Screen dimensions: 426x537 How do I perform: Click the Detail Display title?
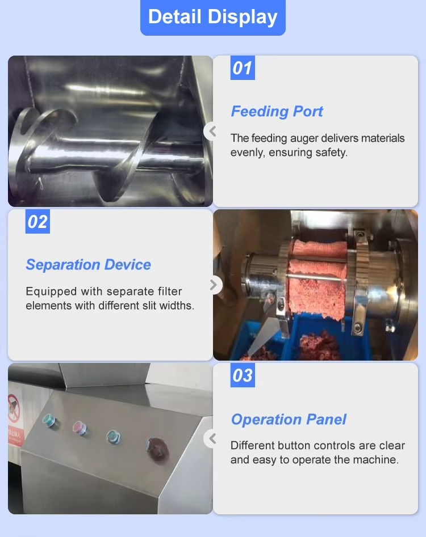(212, 17)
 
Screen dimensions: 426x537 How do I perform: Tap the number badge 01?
(243, 68)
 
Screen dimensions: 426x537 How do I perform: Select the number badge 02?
(37, 222)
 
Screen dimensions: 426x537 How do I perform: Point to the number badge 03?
(243, 375)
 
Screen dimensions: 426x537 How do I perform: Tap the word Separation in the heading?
(62, 265)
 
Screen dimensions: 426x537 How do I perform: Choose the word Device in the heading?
(128, 265)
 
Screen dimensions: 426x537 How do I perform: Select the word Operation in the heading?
(266, 420)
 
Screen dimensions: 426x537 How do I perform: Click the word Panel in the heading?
(327, 419)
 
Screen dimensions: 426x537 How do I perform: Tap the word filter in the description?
(170, 291)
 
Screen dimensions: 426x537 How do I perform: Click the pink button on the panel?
(80, 429)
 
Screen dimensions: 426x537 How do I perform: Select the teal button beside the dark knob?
(114, 437)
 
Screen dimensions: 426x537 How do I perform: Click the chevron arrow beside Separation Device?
(214, 285)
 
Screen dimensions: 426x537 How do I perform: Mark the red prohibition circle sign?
(14, 408)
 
